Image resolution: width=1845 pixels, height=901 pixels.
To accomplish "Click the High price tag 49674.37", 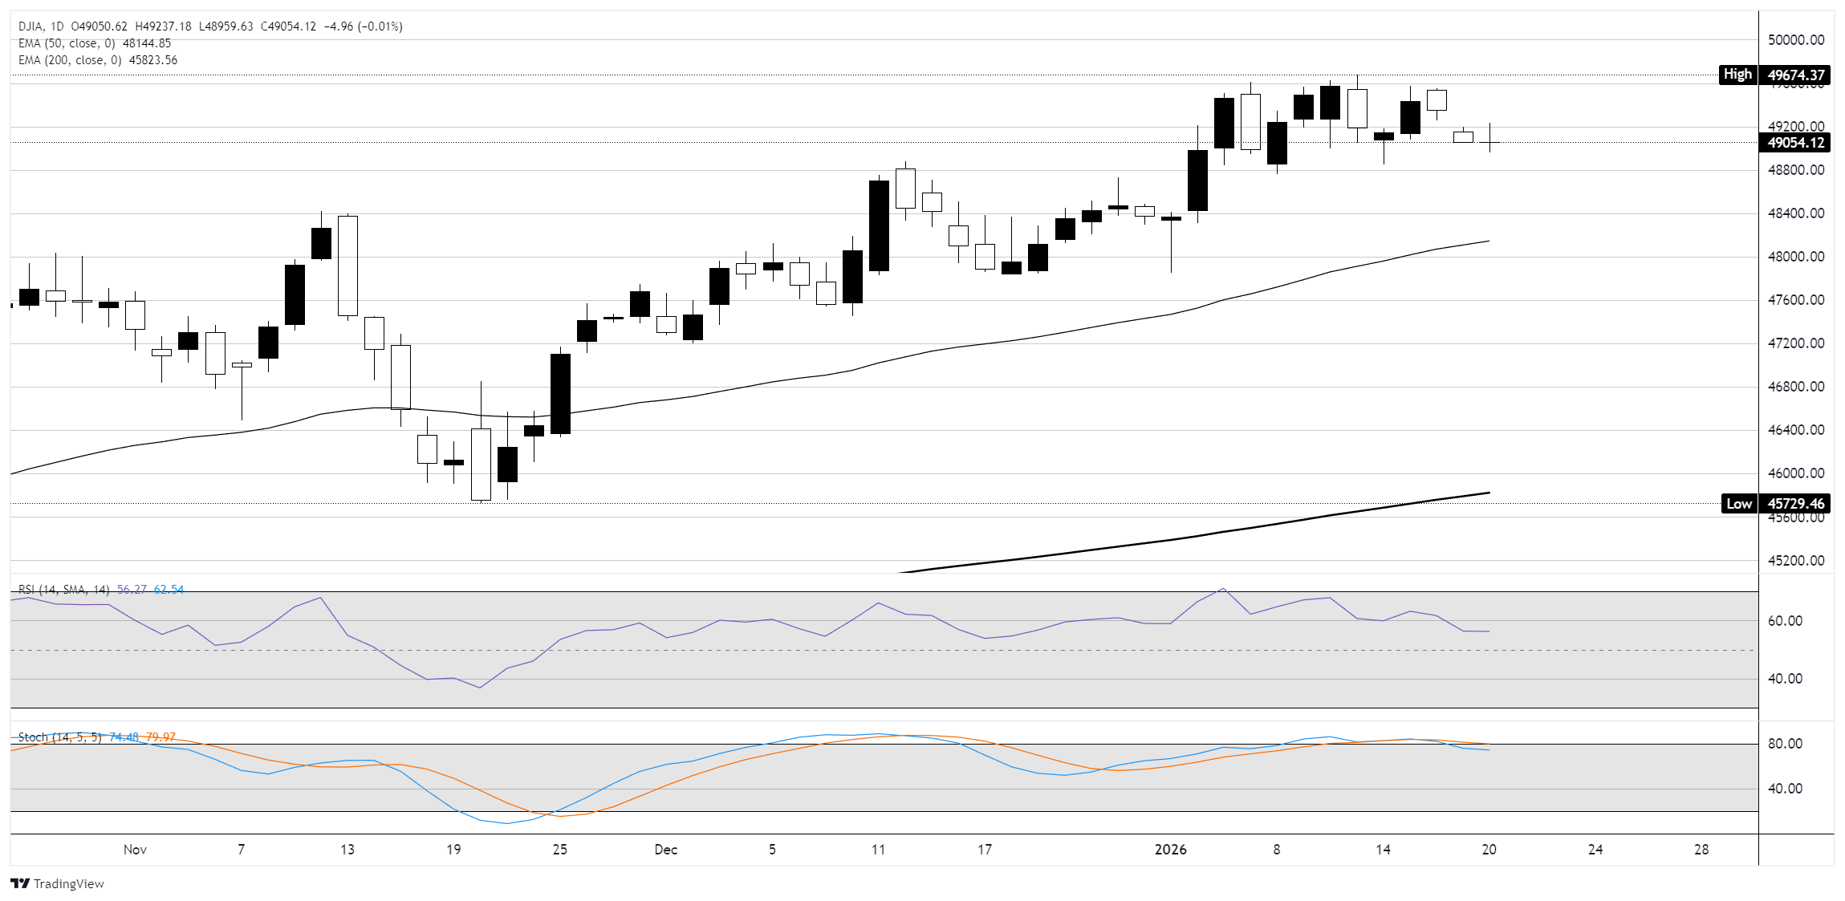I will click(x=1796, y=75).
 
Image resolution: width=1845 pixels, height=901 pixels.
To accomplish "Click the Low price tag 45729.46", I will click(x=1796, y=504).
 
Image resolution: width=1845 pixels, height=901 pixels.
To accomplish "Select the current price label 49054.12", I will click(x=1796, y=143).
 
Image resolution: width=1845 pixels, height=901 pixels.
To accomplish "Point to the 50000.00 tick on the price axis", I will click(x=1796, y=40).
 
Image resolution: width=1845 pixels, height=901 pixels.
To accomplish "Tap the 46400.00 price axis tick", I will click(x=1796, y=430).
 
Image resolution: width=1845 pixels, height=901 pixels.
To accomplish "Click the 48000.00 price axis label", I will click(x=1796, y=257).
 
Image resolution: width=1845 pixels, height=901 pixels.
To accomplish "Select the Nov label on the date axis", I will click(x=135, y=850).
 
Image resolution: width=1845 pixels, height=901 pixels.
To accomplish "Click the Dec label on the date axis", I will click(x=665, y=850).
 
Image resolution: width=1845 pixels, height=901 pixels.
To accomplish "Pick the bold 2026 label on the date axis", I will click(x=1170, y=850).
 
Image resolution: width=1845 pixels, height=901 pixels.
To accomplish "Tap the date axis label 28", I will click(x=1701, y=850).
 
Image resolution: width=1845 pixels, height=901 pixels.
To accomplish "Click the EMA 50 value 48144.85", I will click(x=147, y=43).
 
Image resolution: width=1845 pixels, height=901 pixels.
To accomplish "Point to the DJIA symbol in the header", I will click(x=31, y=26).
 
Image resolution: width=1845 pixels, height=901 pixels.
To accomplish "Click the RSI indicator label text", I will click(x=63, y=590).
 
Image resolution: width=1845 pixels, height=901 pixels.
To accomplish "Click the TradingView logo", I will click(x=58, y=883).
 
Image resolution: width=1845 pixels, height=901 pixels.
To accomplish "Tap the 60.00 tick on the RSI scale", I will click(x=1785, y=621).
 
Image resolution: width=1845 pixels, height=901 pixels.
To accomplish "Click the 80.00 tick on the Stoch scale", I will click(x=1785, y=744).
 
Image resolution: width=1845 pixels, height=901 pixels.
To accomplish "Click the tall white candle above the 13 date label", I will click(x=347, y=266).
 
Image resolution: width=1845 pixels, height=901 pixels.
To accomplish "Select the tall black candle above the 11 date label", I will click(x=879, y=225).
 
